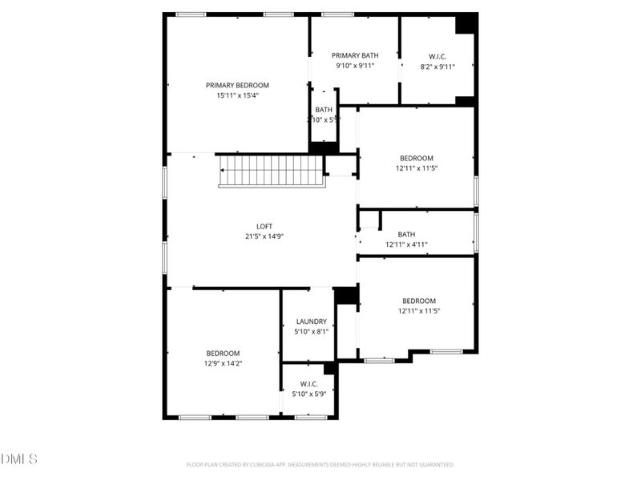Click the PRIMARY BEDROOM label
coord(237,85)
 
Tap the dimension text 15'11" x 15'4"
coord(237,95)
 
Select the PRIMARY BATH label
coord(355,55)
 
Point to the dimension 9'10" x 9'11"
coord(355,67)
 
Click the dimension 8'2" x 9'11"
coord(437,67)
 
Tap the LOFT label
coord(264,226)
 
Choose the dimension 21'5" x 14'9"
coord(264,236)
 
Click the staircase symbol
coord(271,171)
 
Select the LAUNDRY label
coord(311,321)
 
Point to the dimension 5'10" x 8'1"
coord(311,332)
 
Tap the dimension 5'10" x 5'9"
coord(309,394)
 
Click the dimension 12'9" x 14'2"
coord(223,364)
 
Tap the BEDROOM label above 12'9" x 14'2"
coord(223,354)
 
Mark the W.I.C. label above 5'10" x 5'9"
coord(309,384)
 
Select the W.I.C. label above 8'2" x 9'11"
coord(437,56)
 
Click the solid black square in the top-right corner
coord(466,23)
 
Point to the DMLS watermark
coord(19,459)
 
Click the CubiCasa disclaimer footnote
coord(320,464)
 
